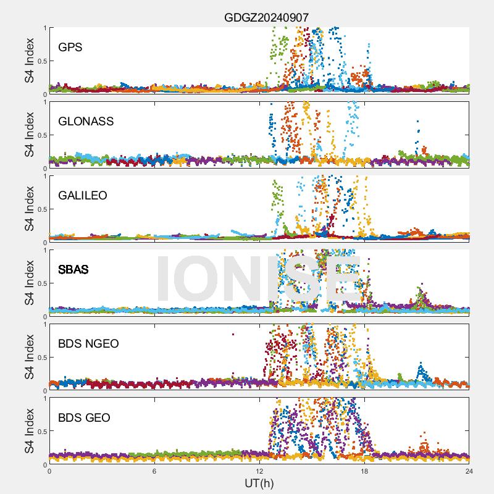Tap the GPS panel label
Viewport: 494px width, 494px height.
pyautogui.click(x=70, y=47)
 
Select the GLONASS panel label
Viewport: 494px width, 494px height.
pyautogui.click(x=86, y=121)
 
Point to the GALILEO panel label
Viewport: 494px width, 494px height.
pyautogui.click(x=82, y=195)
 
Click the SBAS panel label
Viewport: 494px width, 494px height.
pyautogui.click(x=73, y=269)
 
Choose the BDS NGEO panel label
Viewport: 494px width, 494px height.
pyautogui.click(x=88, y=343)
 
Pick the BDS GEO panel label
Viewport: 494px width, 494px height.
pyautogui.click(x=84, y=418)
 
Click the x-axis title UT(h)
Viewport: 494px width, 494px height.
pyautogui.click(x=259, y=483)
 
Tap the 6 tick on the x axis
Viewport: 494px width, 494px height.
pyautogui.click(x=154, y=471)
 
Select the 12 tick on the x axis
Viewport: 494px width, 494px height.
pyautogui.click(x=259, y=471)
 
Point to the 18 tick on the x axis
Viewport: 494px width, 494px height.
pyautogui.click(x=364, y=471)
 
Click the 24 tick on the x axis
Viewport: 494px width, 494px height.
pyautogui.click(x=469, y=471)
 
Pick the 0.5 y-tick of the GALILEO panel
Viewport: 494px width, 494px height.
pyautogui.click(x=40, y=209)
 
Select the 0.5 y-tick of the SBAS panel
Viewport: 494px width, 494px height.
pyautogui.click(x=40, y=283)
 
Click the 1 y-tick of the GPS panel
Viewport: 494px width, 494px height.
pyautogui.click(x=44, y=28)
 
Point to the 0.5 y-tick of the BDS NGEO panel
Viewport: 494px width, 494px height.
pyautogui.click(x=40, y=357)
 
